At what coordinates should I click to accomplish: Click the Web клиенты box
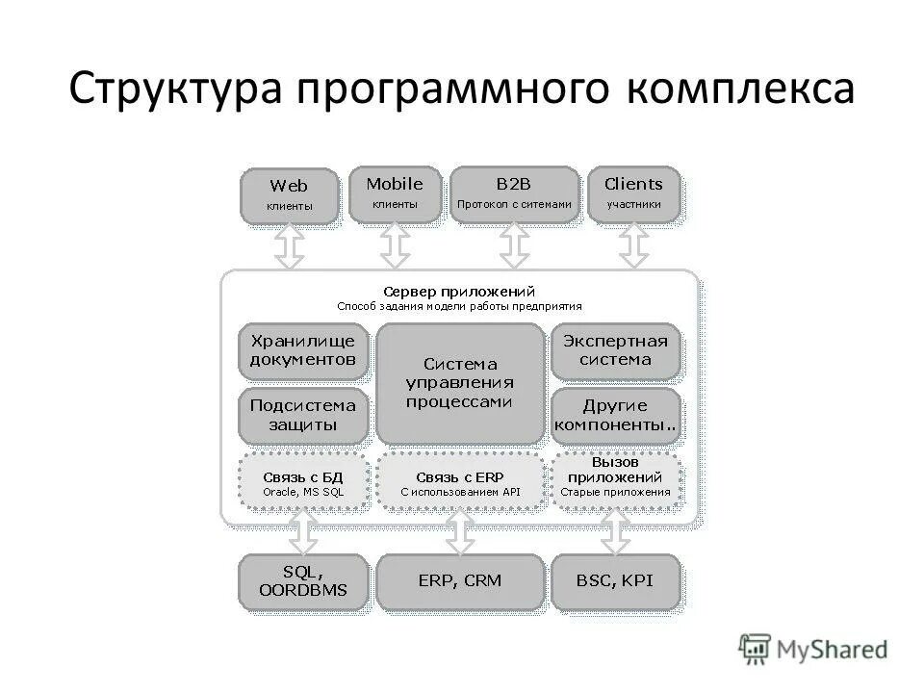[x=289, y=195]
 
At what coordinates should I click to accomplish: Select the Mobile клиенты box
[x=395, y=193]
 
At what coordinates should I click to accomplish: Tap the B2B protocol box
[x=514, y=193]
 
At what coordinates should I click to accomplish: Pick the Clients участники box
[x=633, y=193]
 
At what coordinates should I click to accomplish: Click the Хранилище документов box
[x=303, y=350]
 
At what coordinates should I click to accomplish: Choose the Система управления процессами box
[x=459, y=383]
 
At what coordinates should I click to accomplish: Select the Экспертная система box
[x=614, y=350]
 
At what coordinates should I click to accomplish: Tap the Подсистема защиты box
[x=303, y=415]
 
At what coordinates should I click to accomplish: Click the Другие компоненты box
[x=614, y=415]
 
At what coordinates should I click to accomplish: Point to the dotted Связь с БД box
[x=303, y=481]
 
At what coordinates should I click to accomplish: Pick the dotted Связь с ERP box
[x=459, y=481]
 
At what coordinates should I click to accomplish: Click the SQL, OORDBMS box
[x=303, y=580]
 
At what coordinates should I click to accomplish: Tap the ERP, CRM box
[x=459, y=580]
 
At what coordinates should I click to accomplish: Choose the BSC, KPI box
[x=614, y=580]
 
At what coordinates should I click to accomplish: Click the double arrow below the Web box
[x=290, y=246]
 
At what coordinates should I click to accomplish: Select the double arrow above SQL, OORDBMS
[x=303, y=531]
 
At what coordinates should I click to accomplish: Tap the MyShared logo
[x=813, y=649]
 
